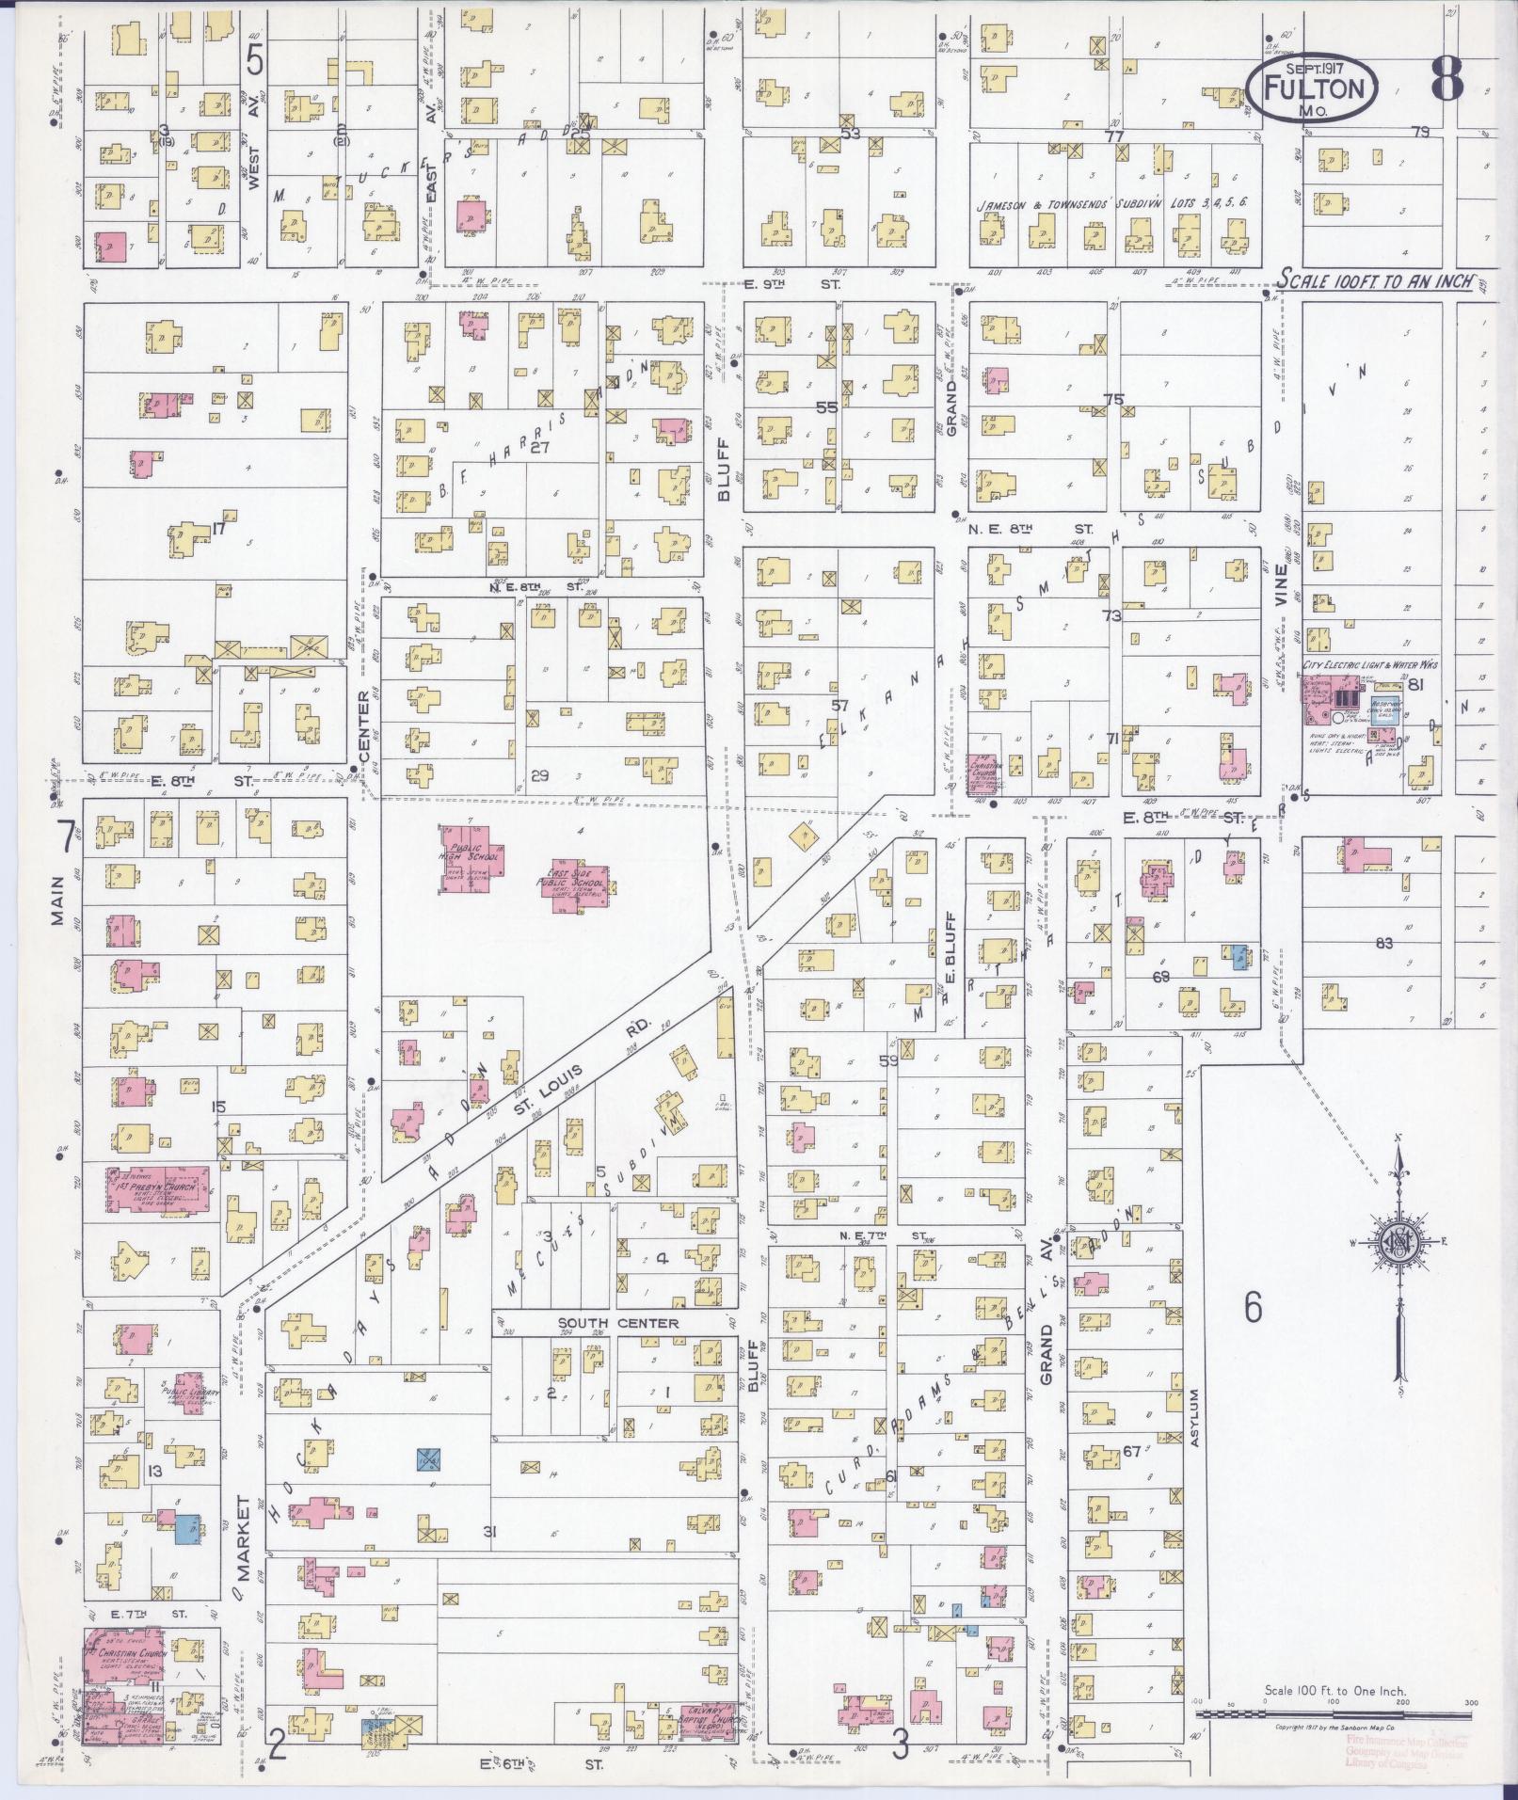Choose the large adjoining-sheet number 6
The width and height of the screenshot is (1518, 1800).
click(1253, 1307)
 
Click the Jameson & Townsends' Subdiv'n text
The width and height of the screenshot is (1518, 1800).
click(1111, 203)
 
